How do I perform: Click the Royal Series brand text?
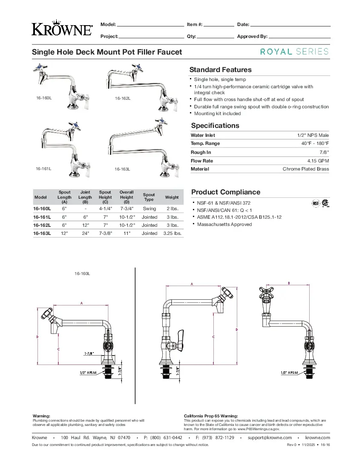294,52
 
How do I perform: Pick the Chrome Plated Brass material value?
306,169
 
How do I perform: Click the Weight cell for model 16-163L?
172,233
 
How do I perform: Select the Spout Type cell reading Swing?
149,209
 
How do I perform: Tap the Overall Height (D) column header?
126,197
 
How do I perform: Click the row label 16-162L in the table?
42,225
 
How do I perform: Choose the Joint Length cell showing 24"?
85,233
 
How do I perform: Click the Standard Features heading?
220,69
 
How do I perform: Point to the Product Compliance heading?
225,192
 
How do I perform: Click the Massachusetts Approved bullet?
224,224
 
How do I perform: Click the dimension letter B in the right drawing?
289,283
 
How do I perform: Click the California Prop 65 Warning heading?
210,416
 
